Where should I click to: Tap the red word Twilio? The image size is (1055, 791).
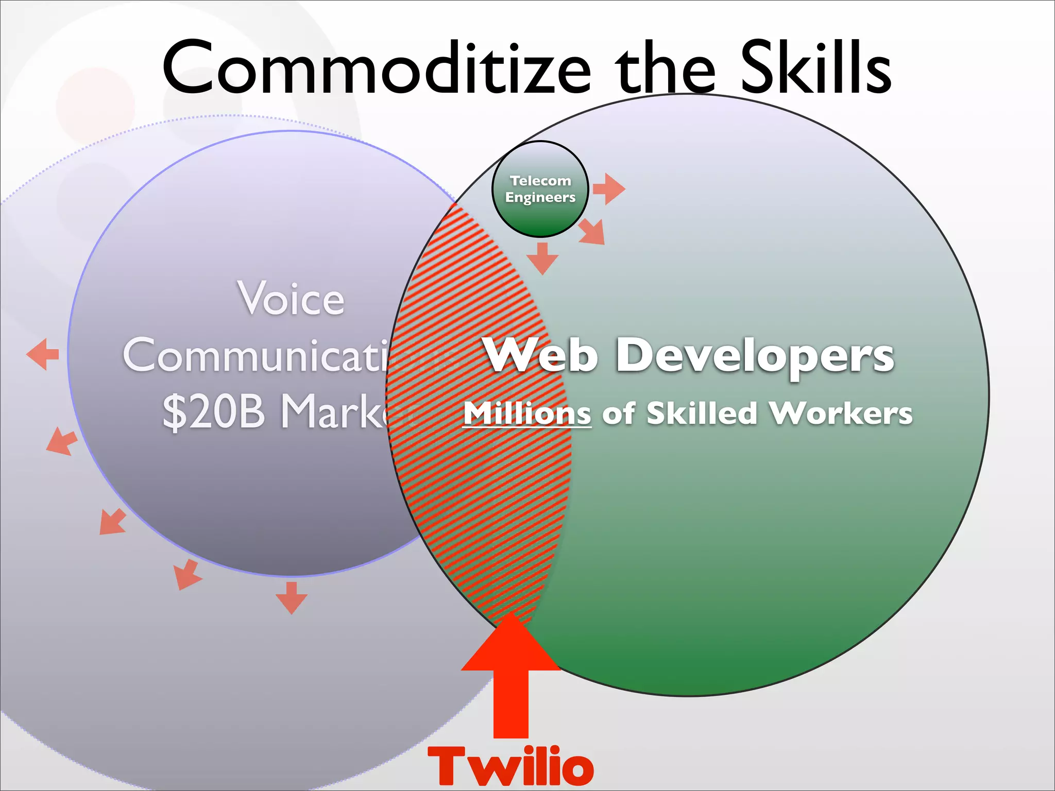[511, 767]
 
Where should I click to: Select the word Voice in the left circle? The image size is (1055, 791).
[291, 299]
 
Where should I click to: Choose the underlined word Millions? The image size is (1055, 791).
[527, 414]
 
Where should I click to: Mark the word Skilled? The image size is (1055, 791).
[702, 414]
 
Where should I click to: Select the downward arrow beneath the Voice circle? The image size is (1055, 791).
[292, 598]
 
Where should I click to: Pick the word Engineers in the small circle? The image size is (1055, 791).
[540, 198]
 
